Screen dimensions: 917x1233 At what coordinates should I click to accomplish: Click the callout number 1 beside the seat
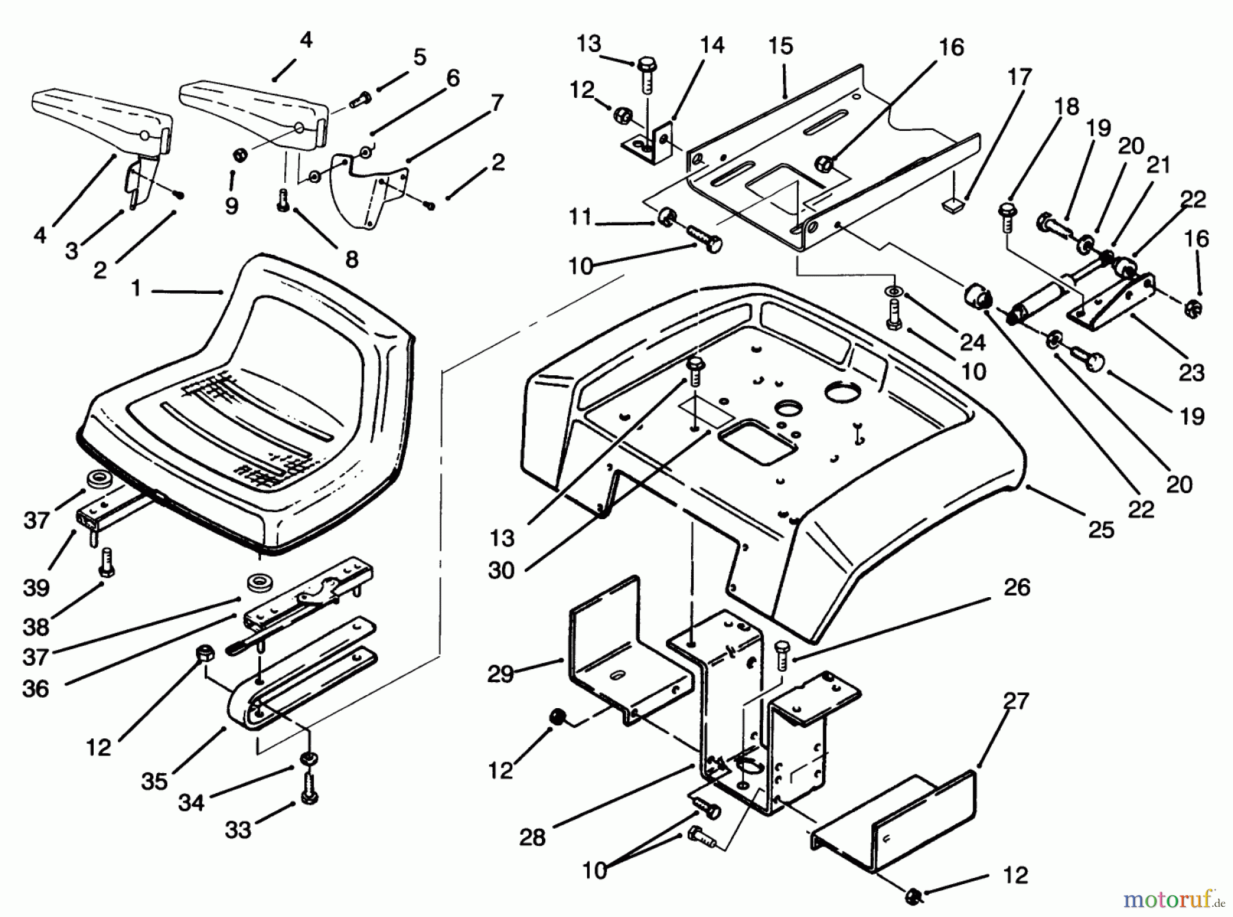click(x=136, y=288)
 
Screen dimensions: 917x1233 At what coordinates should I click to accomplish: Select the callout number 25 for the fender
click(x=1101, y=529)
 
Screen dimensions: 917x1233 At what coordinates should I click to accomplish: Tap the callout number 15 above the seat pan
click(x=780, y=46)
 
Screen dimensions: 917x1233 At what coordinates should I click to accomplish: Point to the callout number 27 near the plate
click(x=1016, y=701)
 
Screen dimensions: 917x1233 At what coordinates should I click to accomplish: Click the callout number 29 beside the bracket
click(x=500, y=674)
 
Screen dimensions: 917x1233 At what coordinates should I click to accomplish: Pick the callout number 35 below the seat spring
click(x=155, y=781)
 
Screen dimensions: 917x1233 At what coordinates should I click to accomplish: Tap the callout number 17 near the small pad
click(x=1019, y=77)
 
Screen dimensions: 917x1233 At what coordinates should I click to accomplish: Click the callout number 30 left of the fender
click(x=501, y=570)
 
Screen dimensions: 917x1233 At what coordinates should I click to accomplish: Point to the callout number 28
click(x=532, y=836)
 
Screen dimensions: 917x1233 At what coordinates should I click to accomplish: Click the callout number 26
click(x=1017, y=587)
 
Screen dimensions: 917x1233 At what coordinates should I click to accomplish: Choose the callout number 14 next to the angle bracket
click(x=712, y=45)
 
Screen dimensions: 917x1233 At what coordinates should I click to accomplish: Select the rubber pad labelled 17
click(x=954, y=203)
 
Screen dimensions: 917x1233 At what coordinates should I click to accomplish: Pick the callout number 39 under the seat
click(x=36, y=587)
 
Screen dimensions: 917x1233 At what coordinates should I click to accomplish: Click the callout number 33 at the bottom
click(x=238, y=830)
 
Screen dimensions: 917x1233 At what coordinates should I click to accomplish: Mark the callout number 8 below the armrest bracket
click(x=351, y=259)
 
